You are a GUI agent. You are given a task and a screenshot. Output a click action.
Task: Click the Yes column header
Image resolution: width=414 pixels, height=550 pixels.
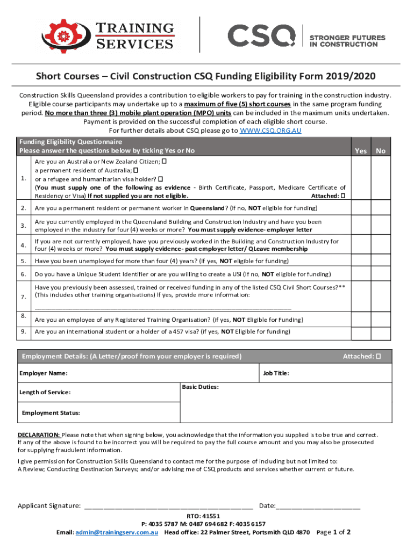(361, 151)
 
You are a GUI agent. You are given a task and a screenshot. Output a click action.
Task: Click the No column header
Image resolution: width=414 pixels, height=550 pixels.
(381, 151)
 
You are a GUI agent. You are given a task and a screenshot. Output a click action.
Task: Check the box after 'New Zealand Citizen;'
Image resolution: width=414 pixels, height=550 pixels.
(164, 161)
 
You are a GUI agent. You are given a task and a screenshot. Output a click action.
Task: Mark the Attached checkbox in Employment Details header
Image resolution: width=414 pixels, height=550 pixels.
(377, 356)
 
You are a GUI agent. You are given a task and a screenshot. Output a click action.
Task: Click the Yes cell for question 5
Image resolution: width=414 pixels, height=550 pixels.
(361, 261)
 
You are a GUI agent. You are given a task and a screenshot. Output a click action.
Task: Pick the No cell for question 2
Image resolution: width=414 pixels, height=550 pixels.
(381, 207)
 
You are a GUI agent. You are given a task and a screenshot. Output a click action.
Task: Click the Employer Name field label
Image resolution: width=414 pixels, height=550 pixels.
(44, 373)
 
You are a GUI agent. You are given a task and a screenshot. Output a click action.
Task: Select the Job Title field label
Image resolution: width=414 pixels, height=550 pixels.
(276, 373)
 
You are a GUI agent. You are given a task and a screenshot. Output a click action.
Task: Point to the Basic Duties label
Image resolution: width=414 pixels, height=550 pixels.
(200, 387)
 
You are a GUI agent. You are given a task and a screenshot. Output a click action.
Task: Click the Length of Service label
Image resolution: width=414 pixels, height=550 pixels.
(45, 393)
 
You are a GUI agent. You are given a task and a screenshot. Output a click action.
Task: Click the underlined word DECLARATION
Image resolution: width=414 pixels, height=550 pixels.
(39, 435)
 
